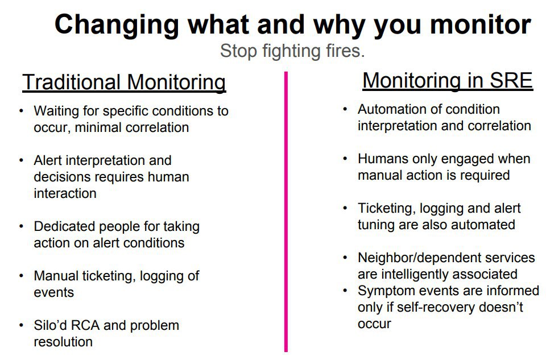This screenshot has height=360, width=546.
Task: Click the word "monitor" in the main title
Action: pyautogui.click(x=480, y=24)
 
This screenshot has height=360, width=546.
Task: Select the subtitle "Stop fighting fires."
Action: pyautogui.click(x=292, y=51)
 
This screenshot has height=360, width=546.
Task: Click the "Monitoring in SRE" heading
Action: pyautogui.click(x=448, y=80)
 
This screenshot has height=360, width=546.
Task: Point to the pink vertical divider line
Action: pyautogui.click(x=286, y=212)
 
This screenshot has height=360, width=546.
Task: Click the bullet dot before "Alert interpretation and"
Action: pyautogui.click(x=22, y=160)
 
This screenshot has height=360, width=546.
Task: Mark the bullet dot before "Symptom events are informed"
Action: pyautogui.click(x=345, y=291)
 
